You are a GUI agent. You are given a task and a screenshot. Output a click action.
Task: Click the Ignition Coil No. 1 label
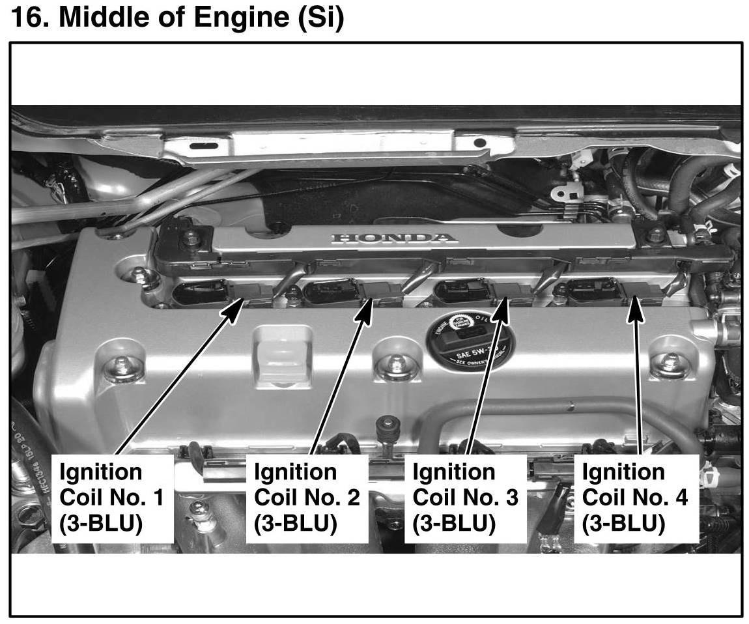(111, 498)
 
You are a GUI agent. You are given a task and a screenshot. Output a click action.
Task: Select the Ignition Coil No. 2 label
(306, 498)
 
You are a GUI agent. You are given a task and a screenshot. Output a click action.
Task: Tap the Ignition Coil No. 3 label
(465, 498)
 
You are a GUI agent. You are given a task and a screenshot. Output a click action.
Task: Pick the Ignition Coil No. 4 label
(634, 498)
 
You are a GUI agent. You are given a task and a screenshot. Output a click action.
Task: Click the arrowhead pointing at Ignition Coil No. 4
(635, 307)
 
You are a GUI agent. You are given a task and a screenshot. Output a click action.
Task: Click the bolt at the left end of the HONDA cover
(190, 237)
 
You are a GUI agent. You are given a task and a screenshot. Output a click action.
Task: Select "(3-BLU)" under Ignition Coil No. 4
(623, 523)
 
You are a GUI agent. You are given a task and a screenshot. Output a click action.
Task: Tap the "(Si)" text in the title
(320, 18)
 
